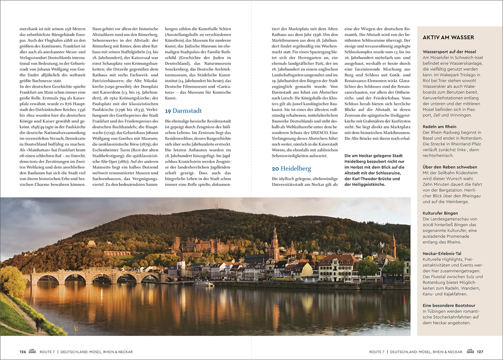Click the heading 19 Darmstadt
point(183,111)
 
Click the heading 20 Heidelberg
point(291,168)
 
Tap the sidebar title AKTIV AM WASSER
point(448,37)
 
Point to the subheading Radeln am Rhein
point(440,126)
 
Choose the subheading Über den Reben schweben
point(450,167)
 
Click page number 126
point(23,352)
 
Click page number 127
point(480,352)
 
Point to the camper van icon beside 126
point(32,352)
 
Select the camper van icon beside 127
point(470,352)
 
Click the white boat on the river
point(204,284)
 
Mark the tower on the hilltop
point(215,206)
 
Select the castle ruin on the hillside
point(197,244)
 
